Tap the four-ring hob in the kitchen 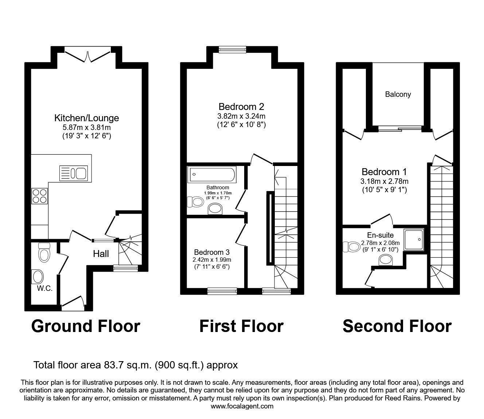[40, 195]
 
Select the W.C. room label [44, 289]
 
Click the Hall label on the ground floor [101, 254]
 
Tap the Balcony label [398, 94]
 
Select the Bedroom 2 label [241, 107]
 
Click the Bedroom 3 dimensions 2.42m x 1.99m [212, 260]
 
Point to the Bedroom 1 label [384, 172]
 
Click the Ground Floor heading [86, 326]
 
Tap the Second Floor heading [397, 326]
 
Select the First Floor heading [241, 326]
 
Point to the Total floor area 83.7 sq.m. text [136, 365]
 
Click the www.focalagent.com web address [242, 406]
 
